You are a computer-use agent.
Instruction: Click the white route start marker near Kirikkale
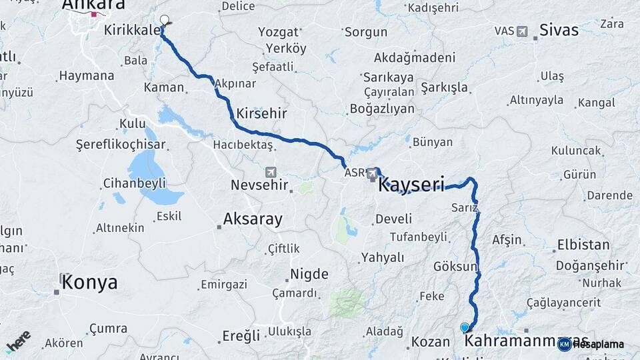(165, 20)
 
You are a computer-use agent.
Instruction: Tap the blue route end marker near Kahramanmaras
(465, 327)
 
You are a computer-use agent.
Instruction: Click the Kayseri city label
(411, 185)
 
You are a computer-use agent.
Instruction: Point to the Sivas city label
(559, 29)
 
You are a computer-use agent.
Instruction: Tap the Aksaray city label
(253, 219)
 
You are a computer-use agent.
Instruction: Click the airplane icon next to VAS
(521, 31)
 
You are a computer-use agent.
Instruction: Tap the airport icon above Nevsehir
(270, 171)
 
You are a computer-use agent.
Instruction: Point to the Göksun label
(456, 267)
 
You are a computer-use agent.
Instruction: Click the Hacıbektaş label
(243, 145)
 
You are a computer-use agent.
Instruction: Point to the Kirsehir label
(261, 113)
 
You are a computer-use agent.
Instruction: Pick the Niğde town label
(309, 274)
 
